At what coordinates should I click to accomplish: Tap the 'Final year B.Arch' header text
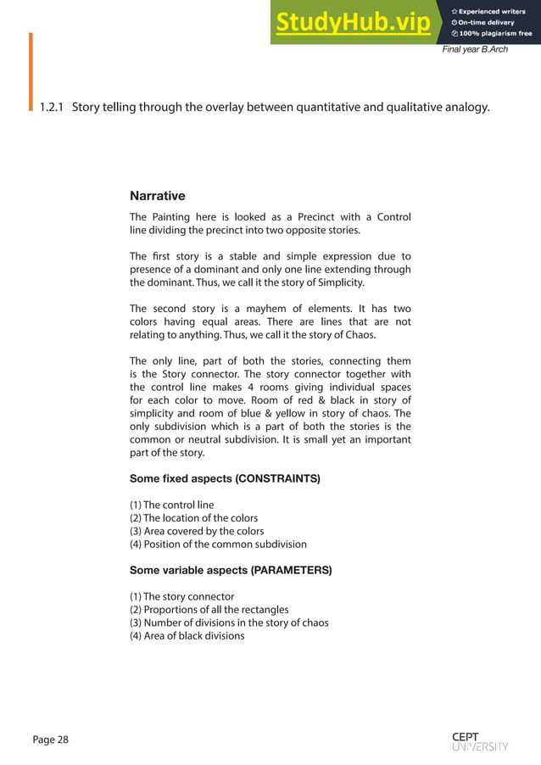point(475,50)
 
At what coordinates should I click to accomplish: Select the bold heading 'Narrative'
point(157,196)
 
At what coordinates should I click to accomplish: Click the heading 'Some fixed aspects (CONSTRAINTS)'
point(225,479)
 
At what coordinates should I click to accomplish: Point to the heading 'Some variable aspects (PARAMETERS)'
point(230,570)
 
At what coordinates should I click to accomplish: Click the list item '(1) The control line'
point(171,505)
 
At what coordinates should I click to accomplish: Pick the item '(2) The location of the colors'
point(193,518)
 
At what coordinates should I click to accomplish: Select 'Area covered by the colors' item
point(197,531)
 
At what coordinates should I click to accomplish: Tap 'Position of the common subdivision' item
point(218,544)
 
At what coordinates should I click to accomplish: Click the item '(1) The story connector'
point(181,596)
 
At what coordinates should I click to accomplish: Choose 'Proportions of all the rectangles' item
point(209,609)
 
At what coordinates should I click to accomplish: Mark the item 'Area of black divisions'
point(187,635)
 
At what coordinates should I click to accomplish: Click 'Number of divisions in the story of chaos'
point(229,623)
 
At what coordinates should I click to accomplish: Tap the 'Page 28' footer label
point(51,740)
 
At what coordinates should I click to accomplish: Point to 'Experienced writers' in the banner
point(494,10)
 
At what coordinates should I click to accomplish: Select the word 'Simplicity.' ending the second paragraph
point(337,282)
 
